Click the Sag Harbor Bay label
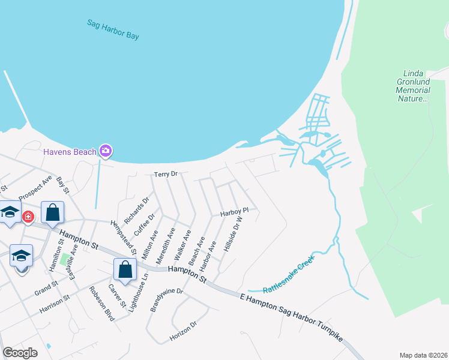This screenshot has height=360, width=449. point(113,30)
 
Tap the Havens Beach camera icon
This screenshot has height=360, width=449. point(106,151)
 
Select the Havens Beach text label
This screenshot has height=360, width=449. point(70,152)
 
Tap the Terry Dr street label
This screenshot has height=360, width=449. point(166,174)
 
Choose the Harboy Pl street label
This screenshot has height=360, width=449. point(234,212)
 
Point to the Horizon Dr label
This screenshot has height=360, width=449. point(184,331)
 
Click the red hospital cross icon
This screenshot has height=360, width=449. point(28,216)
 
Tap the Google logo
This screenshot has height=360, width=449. point(20,352)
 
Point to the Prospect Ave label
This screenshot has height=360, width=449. point(35,188)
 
